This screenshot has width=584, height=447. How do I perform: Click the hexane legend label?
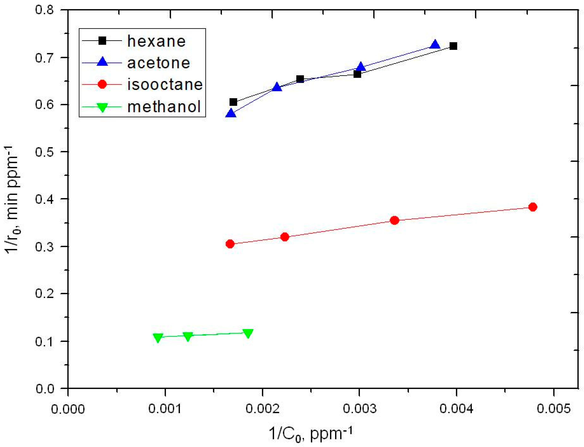[156, 41]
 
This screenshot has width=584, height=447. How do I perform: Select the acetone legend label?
[158, 63]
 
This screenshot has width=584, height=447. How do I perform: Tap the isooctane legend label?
[165, 85]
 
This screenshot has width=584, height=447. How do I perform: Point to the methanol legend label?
[164, 107]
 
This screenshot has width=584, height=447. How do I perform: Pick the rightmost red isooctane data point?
[533, 207]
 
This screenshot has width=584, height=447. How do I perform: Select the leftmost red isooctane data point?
[230, 244]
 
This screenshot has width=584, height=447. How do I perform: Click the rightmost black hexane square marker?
[453, 46]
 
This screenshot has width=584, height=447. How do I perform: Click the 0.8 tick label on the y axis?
[44, 10]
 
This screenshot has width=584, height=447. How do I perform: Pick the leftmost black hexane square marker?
[233, 102]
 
